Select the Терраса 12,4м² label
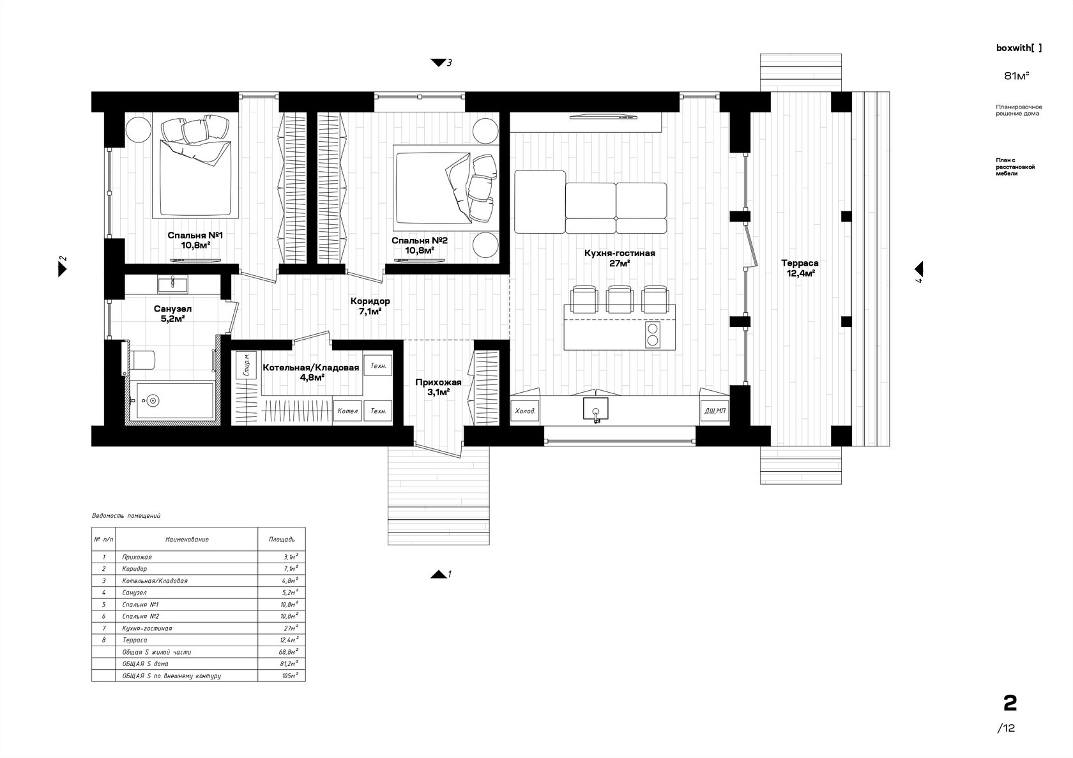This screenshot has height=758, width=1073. click(x=800, y=268)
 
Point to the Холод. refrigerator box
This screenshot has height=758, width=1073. click(x=525, y=411)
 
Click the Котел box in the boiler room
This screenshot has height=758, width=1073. click(x=347, y=411)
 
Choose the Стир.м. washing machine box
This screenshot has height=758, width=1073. click(x=247, y=365)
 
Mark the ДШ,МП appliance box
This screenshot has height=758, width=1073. click(x=715, y=411)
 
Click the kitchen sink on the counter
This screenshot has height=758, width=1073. click(x=596, y=409)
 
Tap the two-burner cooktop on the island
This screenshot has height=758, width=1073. click(x=653, y=334)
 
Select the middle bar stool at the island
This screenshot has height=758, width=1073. click(x=620, y=299)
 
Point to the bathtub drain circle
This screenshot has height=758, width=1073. click(x=153, y=400)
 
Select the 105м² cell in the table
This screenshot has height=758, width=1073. click(x=290, y=676)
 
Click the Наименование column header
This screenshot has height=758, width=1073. click(x=186, y=539)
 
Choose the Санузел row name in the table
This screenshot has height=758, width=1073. click(x=134, y=593)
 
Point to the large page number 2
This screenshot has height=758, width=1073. click(x=1010, y=704)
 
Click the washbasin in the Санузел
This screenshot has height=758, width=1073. click(x=172, y=284)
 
